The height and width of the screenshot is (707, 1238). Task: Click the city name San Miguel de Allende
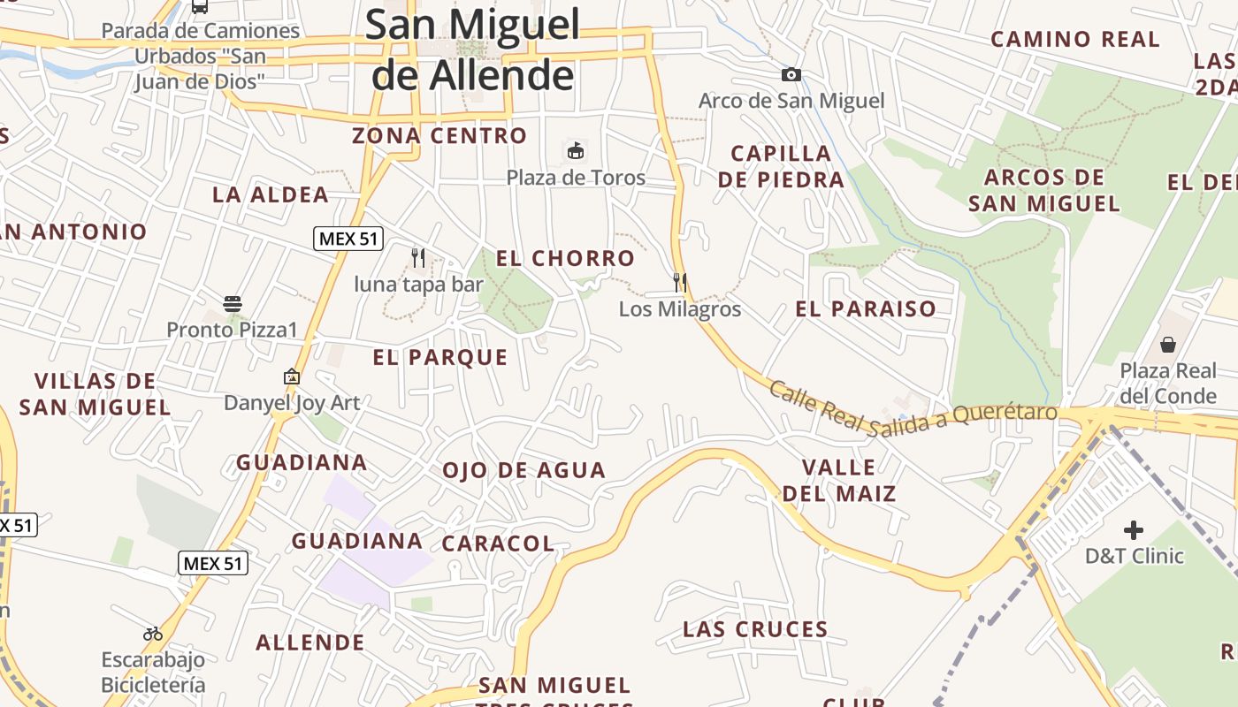(473, 49)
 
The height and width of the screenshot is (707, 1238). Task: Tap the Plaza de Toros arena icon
(576, 150)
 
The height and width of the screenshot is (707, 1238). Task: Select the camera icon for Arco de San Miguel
(791, 75)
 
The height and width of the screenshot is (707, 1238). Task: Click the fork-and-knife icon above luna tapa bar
(418, 258)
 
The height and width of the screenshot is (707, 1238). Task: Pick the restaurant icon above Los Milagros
(680, 283)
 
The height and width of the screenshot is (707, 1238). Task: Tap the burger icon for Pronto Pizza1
(233, 304)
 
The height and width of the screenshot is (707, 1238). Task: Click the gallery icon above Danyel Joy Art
(292, 376)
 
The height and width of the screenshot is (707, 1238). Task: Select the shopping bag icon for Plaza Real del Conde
(1168, 344)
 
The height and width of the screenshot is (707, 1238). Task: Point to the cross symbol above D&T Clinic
(1134, 530)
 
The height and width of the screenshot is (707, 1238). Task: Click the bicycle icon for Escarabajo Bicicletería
(153, 634)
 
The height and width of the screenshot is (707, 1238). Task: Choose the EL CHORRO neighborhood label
(565, 259)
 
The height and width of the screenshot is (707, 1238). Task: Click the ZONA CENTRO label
(439, 136)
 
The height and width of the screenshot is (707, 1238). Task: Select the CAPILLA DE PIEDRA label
(781, 166)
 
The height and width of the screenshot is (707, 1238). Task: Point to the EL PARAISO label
(866, 309)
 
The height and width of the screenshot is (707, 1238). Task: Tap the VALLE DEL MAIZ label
(839, 480)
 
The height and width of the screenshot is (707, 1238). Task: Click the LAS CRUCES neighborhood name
(755, 629)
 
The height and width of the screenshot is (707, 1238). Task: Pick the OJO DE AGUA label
(523, 470)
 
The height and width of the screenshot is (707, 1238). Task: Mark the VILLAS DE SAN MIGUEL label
(95, 394)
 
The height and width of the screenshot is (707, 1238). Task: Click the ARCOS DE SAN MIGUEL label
(1044, 190)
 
